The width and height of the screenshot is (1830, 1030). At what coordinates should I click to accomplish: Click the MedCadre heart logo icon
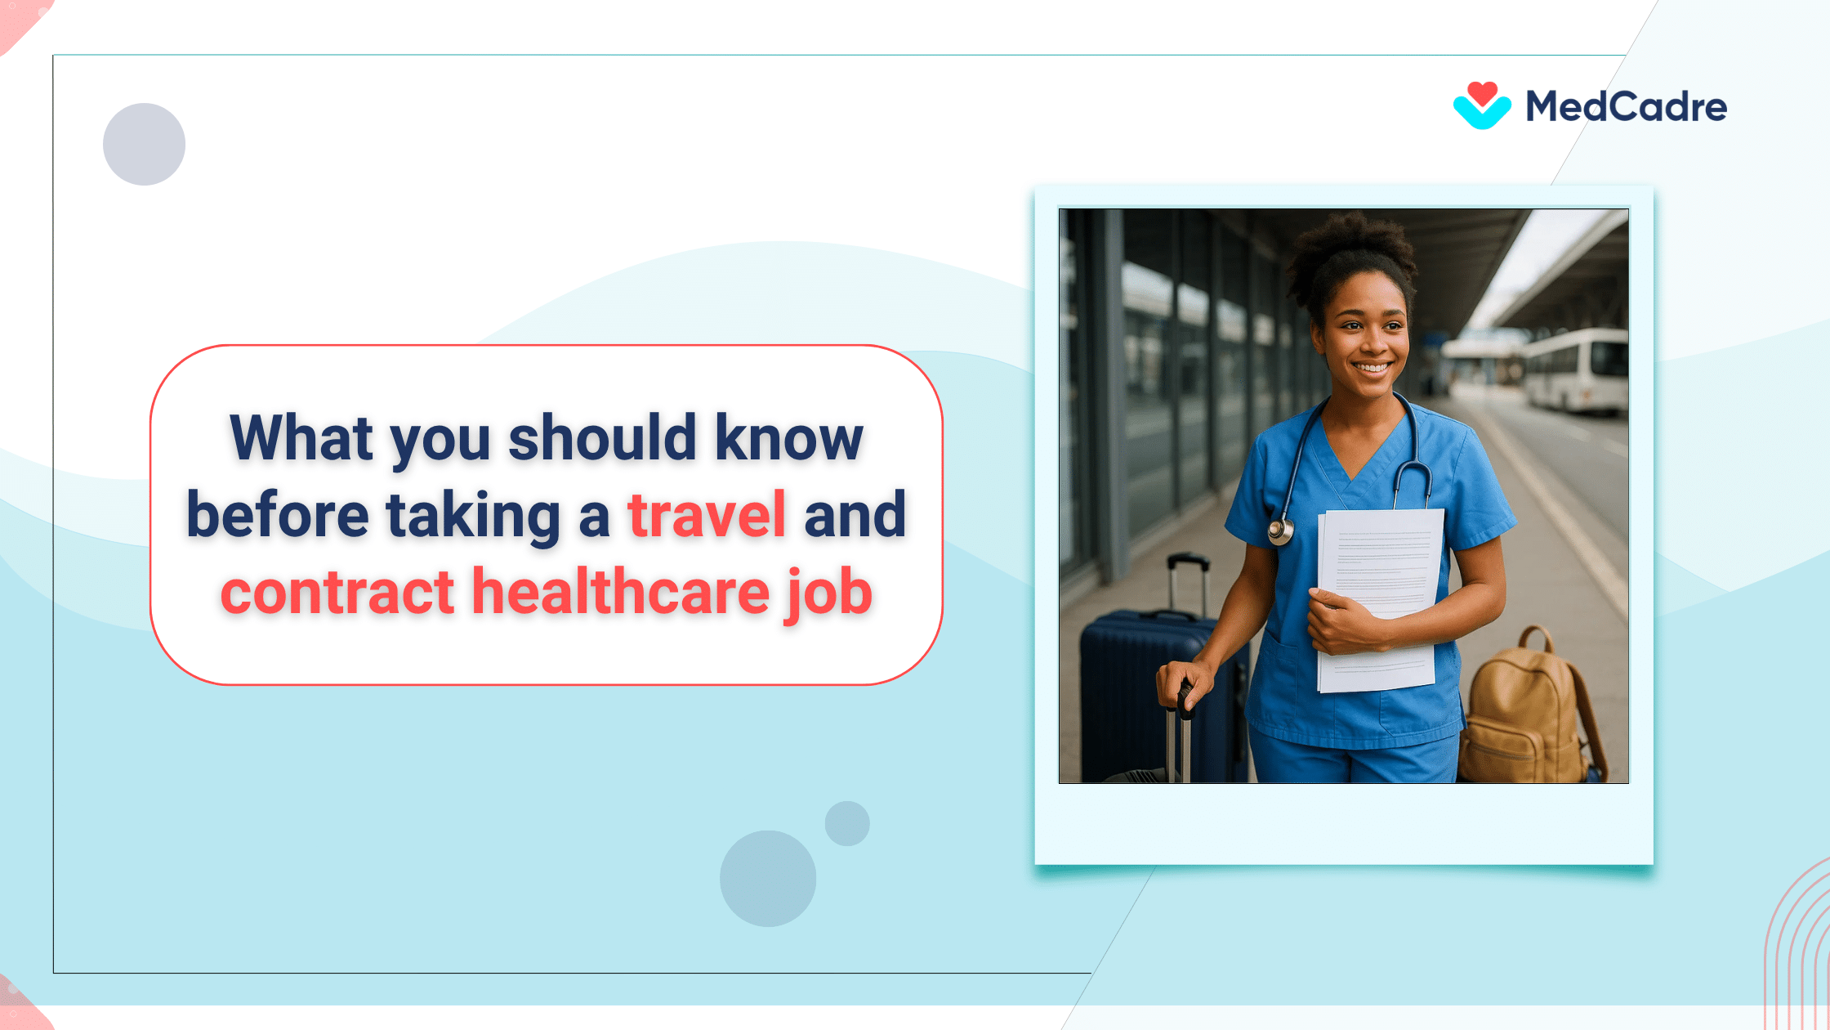coord(1481,106)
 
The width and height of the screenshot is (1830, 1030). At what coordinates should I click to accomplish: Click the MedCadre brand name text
coord(1626,107)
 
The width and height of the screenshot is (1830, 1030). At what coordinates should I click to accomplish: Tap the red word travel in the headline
coord(706,515)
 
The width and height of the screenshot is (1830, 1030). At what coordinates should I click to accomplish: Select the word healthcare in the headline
coord(621,592)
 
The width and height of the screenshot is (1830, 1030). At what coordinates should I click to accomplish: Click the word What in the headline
coord(301,438)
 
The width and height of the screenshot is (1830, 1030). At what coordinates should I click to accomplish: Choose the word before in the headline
coord(278,515)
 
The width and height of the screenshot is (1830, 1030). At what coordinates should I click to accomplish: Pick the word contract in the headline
coord(337,592)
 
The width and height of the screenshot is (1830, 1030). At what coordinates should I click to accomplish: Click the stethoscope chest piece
coord(1280,532)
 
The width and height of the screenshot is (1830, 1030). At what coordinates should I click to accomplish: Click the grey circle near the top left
coord(144,144)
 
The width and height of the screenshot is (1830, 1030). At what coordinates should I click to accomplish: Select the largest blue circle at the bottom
coord(767,878)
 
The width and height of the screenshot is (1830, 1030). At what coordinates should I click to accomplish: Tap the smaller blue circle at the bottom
coord(846,823)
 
